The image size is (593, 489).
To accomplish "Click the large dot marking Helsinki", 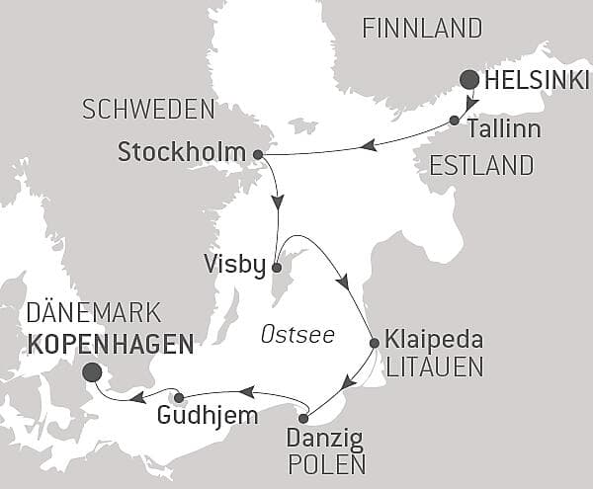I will [x=468, y=80].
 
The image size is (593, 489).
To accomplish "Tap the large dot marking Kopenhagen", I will [x=93, y=372].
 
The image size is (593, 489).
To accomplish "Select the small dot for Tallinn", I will [x=454, y=121].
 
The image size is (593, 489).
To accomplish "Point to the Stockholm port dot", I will [x=258, y=154].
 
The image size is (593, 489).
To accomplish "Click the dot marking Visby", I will [x=277, y=267].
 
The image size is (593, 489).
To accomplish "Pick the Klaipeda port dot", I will [x=374, y=344].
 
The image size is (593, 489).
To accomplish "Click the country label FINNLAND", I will [x=422, y=29].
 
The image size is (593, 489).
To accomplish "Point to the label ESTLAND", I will [x=482, y=163].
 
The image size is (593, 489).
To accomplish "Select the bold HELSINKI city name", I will [x=535, y=80].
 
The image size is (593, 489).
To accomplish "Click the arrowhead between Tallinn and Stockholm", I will [x=369, y=145].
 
